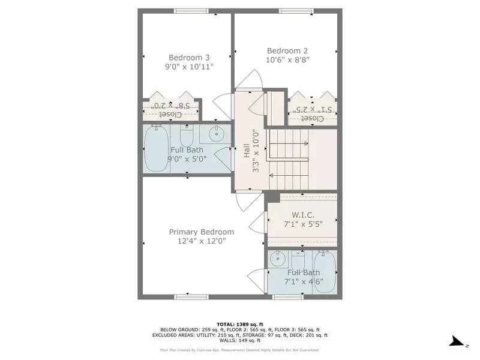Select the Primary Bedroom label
[202, 232]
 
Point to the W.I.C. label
[303, 215]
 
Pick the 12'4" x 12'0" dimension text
[202, 241]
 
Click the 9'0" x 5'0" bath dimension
[187, 159]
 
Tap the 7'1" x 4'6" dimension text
[304, 283]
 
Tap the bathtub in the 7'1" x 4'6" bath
[325, 272]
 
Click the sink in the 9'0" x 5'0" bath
[216, 133]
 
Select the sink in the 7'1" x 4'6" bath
[277, 260]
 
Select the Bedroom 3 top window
[191, 11]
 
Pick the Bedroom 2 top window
[295, 11]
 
